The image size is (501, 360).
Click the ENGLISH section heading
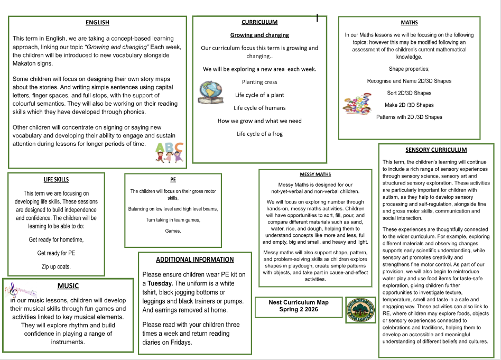click(x=97, y=22)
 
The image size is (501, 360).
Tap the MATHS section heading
click(x=409, y=23)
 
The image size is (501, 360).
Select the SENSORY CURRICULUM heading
click(x=436, y=150)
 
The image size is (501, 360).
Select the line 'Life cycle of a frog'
click(x=259, y=134)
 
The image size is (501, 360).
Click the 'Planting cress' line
click(x=259, y=82)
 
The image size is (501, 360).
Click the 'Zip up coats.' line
click(x=56, y=266)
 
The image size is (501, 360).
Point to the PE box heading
click(x=173, y=180)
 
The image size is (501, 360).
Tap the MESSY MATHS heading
click(x=316, y=174)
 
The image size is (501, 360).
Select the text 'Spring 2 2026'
click(x=299, y=310)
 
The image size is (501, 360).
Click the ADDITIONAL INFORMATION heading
click(x=194, y=260)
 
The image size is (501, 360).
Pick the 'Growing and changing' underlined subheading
click(x=259, y=35)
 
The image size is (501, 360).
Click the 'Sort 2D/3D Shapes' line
click(x=409, y=93)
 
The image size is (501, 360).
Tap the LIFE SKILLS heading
click(x=56, y=180)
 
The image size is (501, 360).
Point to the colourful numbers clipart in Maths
click(x=357, y=104)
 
